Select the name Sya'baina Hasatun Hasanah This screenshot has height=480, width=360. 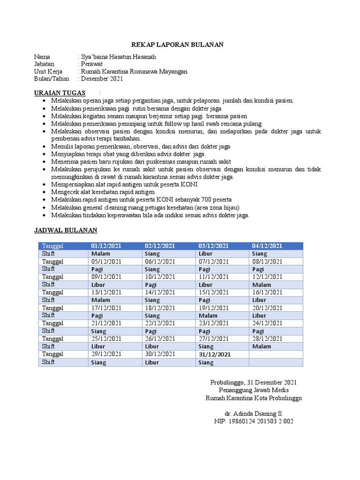[118, 57]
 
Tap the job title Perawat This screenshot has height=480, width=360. [92, 64]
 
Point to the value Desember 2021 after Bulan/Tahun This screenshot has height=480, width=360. [102, 79]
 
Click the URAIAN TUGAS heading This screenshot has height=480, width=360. [60, 93]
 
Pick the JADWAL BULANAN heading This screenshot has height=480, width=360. [66, 230]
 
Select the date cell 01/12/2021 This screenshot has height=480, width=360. [106, 246]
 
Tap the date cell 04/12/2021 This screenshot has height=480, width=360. [267, 246]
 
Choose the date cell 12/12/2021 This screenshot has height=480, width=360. [267, 277]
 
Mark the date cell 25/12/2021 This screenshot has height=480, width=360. [106, 338]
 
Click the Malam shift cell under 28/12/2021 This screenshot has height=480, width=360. [262, 346]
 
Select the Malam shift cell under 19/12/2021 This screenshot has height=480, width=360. [208, 315]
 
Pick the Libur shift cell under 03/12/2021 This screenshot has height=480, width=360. [206, 254]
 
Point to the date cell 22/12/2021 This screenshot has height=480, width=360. [160, 323]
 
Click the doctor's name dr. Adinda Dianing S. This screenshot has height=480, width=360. [254, 413]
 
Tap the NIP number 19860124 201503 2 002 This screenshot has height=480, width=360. [254, 421]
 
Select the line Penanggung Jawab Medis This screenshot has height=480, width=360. [254, 390]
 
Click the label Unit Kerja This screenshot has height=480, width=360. [48, 71]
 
